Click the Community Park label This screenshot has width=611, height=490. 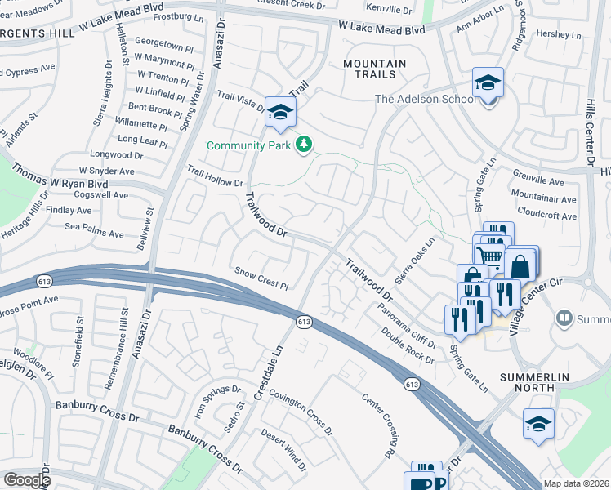point(248,145)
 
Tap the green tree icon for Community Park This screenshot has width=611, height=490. point(304,145)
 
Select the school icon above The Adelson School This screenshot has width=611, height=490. point(488,82)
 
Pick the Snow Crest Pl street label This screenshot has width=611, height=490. point(262,278)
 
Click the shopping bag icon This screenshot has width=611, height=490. point(520,265)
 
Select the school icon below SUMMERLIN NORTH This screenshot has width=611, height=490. point(539,425)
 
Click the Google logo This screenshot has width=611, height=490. point(28,480)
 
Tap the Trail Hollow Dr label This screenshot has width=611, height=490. point(216,176)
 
